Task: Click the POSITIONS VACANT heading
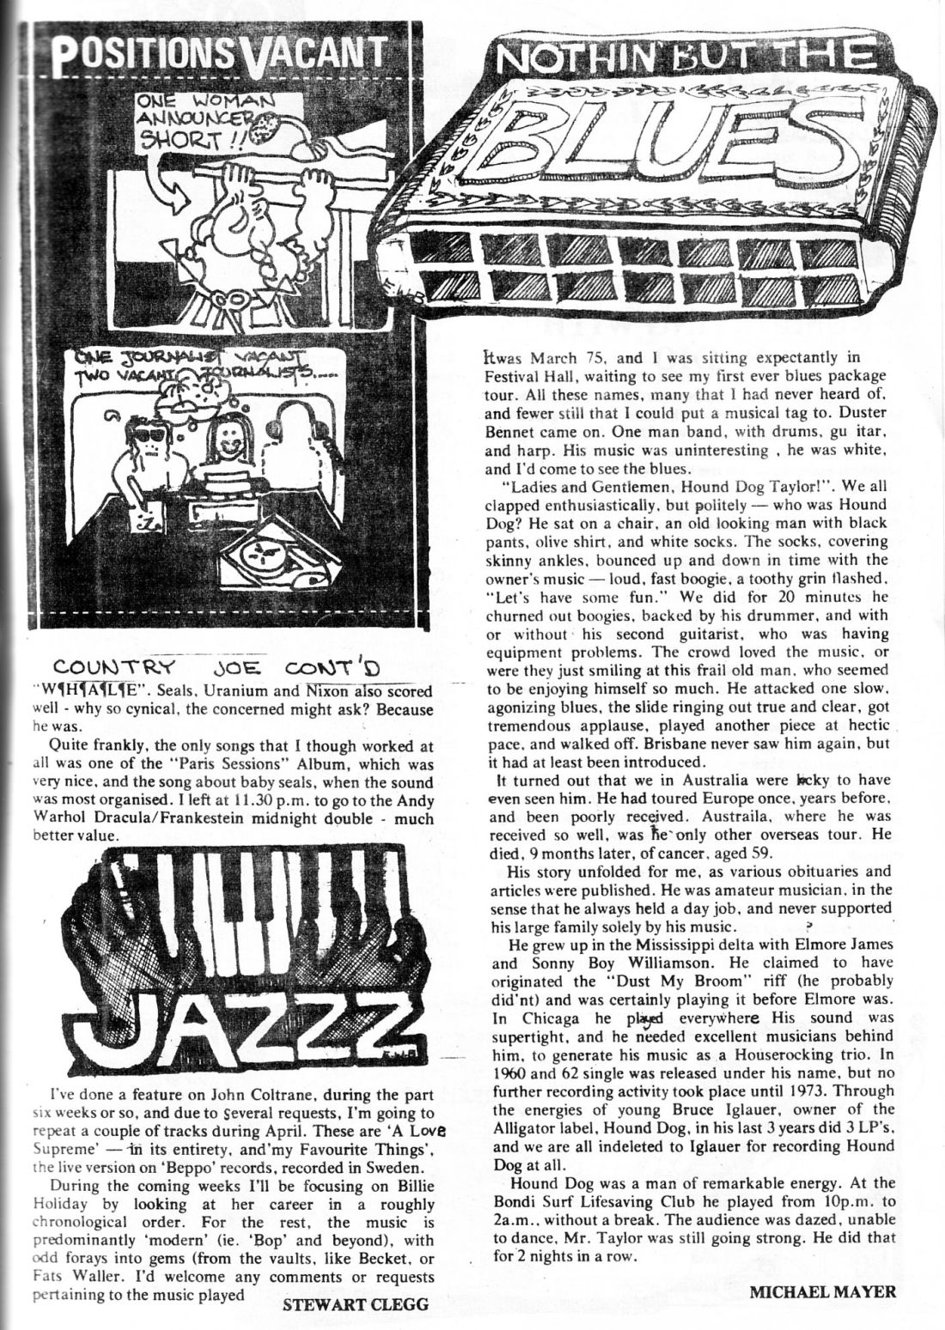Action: [220, 57]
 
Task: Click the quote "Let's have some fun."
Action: [558, 595]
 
